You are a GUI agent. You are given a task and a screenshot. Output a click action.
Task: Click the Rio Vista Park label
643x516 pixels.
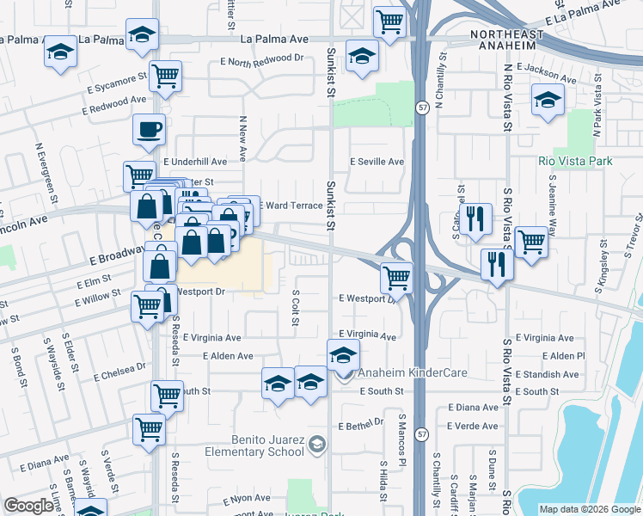(x=574, y=161)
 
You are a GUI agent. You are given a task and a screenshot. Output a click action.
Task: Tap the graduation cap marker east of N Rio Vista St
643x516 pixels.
(x=547, y=100)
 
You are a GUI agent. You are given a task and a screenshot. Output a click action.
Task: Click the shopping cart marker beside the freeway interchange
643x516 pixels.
(x=396, y=277)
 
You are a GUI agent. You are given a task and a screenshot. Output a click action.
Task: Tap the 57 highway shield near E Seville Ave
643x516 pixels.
(x=422, y=107)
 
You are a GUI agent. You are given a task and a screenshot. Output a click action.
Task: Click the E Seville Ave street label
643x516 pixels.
(x=377, y=162)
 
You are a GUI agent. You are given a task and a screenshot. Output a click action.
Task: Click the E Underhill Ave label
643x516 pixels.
(x=196, y=161)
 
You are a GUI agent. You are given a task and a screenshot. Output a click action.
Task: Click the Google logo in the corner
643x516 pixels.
(x=28, y=506)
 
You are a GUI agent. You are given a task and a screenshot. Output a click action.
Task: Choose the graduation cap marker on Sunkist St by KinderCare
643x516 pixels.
(x=343, y=354)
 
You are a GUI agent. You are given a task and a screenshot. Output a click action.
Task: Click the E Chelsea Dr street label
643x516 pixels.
(x=117, y=370)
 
